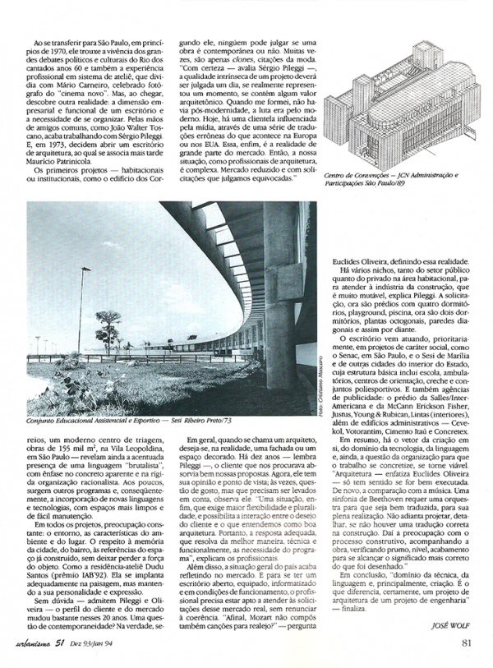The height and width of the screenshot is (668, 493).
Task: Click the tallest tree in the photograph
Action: [108, 327]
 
